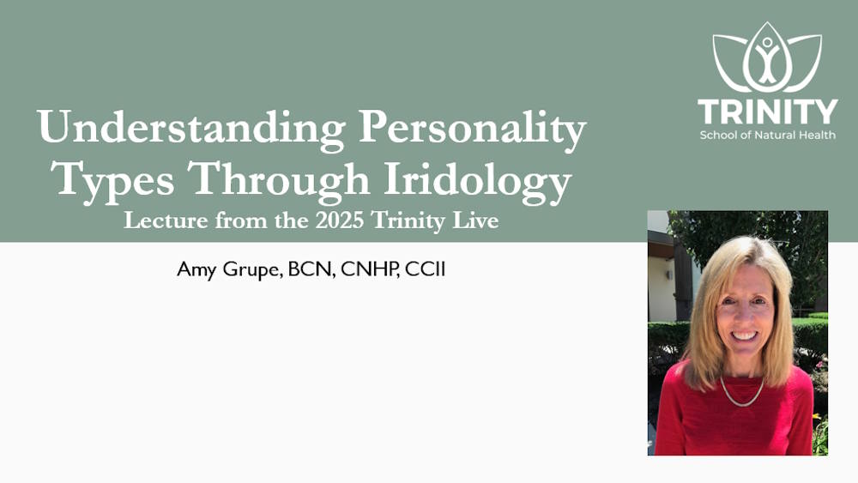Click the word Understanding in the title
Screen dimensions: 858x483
(191, 128)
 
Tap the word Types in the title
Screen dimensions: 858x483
(116, 180)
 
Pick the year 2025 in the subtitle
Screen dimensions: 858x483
(340, 220)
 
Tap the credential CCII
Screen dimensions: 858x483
(426, 269)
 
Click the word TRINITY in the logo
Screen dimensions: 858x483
(768, 112)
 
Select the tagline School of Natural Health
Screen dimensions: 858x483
(768, 135)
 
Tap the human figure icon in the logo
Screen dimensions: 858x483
(768, 59)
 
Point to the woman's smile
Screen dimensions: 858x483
(745, 335)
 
